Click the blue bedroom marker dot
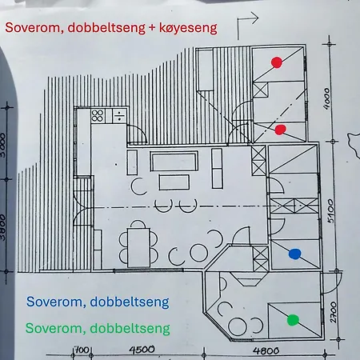(294, 254)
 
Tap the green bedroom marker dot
(293, 320)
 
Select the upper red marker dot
(277, 62)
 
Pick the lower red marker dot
(280, 130)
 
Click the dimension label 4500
(142, 350)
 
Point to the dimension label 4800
(266, 350)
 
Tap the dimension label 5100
(330, 211)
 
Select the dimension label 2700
(334, 312)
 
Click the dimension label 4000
(326, 98)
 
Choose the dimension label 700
(82, 350)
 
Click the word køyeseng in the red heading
(188, 28)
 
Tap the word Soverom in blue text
(56, 302)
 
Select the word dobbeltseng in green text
(130, 328)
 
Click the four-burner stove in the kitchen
(98, 115)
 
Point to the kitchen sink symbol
(119, 116)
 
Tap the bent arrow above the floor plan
(247, 26)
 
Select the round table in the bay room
(238, 326)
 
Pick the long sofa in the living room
(174, 161)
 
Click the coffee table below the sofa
(174, 182)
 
